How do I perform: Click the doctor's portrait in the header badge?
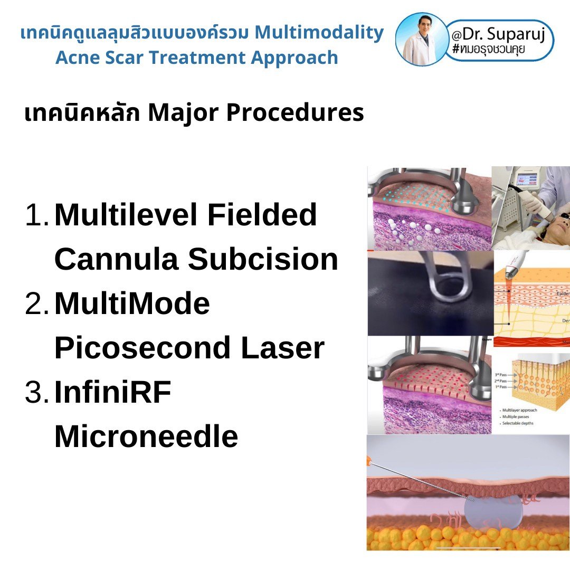pos(421,40)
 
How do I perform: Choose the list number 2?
pos(37,304)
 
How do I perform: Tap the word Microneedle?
pos(146,437)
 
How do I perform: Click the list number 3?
pos(37,393)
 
